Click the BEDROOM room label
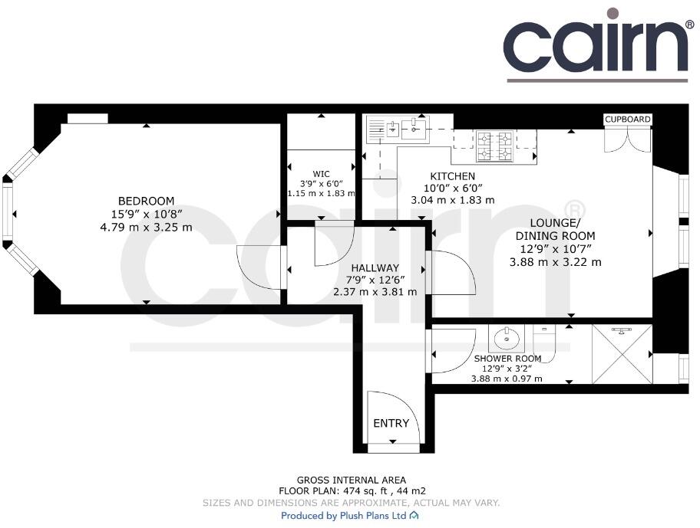point(146,201)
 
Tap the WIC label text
point(321,172)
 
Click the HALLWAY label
point(375,268)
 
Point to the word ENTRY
point(391,424)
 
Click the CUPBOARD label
point(628,120)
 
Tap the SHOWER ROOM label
point(507,359)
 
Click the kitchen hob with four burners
point(495,146)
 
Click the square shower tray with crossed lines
point(622,353)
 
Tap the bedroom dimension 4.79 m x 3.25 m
point(146,227)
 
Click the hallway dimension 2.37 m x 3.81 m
point(375,292)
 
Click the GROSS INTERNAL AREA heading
point(352,480)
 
